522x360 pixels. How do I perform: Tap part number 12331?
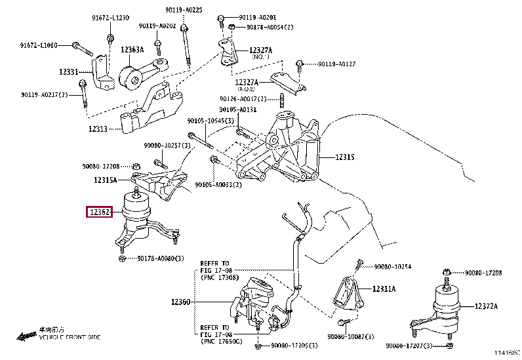67,71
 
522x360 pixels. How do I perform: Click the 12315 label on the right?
345,157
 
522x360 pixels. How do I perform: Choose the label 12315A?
105,180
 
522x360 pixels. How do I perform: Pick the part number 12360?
180,302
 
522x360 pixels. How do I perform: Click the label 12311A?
384,289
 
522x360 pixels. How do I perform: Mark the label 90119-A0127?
337,64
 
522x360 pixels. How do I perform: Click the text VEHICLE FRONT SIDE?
70,337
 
